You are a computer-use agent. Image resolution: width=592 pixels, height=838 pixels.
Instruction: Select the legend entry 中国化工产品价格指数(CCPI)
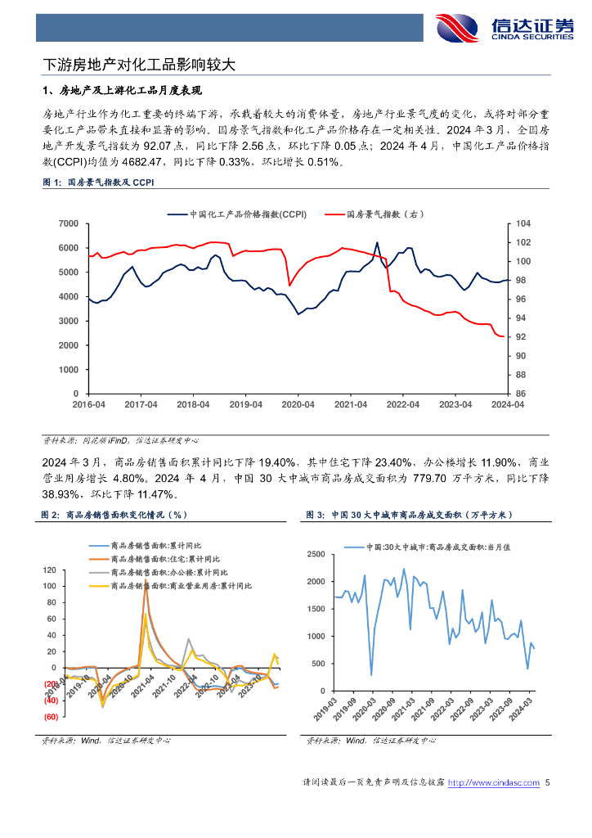(x=236, y=214)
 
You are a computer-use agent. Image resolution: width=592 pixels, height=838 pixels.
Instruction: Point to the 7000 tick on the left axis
(x=68, y=223)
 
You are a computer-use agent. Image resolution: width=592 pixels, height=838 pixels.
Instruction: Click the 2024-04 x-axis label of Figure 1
(x=507, y=405)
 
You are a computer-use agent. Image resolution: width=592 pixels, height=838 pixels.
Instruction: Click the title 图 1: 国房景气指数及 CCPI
(x=97, y=183)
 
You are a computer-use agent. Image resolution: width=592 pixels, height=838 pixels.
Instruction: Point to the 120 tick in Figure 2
(x=50, y=570)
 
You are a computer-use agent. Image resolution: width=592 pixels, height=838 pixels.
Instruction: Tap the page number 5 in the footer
(x=548, y=783)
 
